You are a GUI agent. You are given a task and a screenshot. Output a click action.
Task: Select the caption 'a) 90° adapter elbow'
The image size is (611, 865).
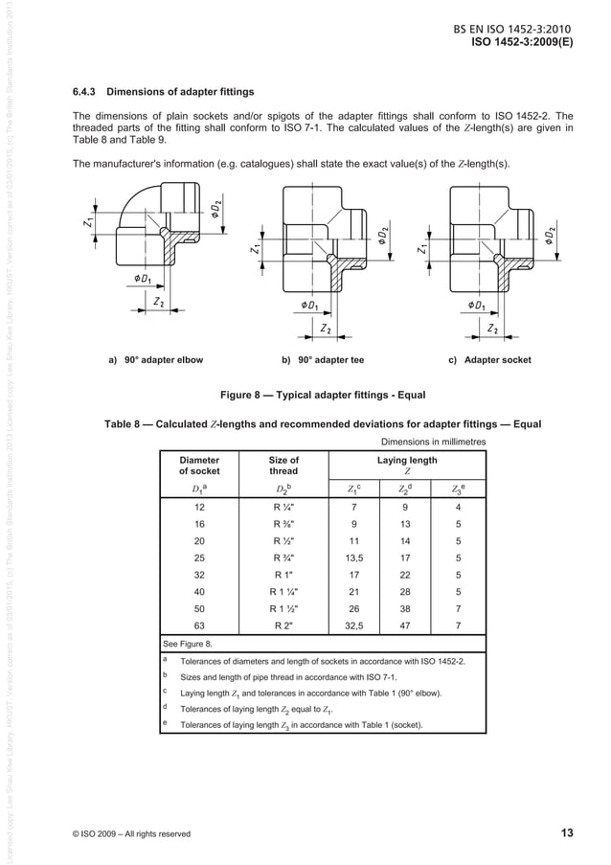tap(155, 360)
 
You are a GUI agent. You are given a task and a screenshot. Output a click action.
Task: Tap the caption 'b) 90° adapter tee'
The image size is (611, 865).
tap(322, 360)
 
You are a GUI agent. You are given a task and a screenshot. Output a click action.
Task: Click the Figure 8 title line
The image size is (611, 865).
tap(323, 394)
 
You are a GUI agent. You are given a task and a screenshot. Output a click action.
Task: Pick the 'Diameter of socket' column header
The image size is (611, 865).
tap(199, 466)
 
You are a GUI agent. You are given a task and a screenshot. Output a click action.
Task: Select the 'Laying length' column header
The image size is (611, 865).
tap(407, 466)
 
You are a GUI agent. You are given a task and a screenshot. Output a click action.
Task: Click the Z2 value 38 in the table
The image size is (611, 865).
tap(406, 607)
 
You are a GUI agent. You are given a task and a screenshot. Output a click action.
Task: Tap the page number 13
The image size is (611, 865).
tap(566, 832)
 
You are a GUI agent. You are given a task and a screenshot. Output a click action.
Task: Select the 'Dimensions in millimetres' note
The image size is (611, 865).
tap(434, 442)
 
